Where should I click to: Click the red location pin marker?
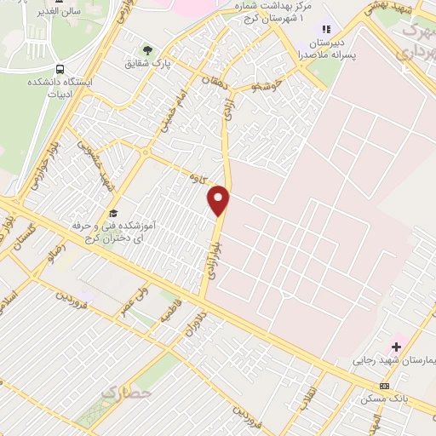coord(219,200)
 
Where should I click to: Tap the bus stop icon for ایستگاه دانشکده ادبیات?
coord(59,69)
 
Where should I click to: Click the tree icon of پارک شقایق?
coord(146,50)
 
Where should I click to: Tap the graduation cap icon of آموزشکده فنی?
coord(113,214)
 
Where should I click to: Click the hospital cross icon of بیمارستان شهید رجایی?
coord(396,347)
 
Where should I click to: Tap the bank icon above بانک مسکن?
coord(384,386)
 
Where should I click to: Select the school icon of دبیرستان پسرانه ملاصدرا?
coord(326,30)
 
